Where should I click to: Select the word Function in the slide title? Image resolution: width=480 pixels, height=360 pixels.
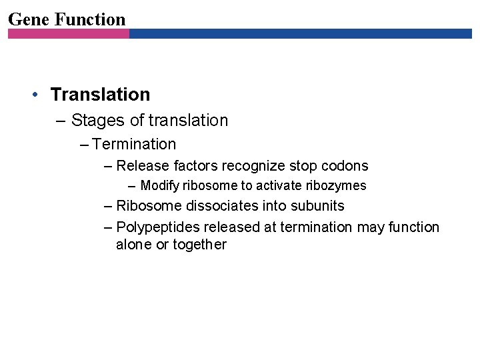(90, 19)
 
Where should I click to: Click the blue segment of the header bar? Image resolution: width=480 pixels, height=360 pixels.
(300, 33)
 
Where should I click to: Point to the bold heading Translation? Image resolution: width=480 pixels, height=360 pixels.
(100, 95)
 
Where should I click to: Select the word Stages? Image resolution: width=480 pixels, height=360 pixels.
(93, 121)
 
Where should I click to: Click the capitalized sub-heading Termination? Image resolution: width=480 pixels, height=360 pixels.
(135, 144)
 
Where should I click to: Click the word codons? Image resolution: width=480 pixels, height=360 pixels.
(345, 166)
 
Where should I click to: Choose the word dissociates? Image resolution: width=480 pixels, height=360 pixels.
(205, 206)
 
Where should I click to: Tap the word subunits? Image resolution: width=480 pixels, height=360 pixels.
(317, 206)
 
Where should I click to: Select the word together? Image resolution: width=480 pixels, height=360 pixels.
(199, 245)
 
